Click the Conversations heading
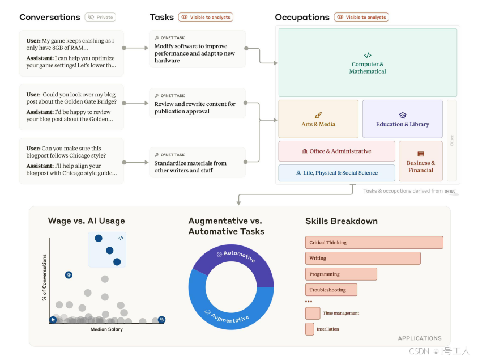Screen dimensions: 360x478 [x=50, y=17]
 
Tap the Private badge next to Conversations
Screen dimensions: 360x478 [x=100, y=17]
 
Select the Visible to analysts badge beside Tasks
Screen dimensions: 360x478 [x=206, y=17]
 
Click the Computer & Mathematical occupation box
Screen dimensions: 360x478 [x=368, y=63]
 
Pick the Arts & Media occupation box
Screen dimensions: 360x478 [x=318, y=119]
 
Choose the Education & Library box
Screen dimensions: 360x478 [x=402, y=119]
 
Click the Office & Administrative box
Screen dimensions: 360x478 [x=336, y=151]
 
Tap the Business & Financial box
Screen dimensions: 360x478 [x=420, y=161]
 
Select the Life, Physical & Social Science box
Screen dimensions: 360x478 [x=336, y=173]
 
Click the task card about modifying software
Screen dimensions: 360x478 [x=197, y=49]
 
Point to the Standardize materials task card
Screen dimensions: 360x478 [x=197, y=163]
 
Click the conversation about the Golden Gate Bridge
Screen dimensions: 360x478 [x=71, y=107]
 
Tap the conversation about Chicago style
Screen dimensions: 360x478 [x=71, y=161]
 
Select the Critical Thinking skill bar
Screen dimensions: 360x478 [x=374, y=243]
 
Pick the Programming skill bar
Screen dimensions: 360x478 [x=341, y=274]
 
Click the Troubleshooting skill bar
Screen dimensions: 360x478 [x=331, y=290]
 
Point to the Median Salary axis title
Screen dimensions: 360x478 [x=106, y=329]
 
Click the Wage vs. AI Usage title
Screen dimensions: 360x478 [x=86, y=221]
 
